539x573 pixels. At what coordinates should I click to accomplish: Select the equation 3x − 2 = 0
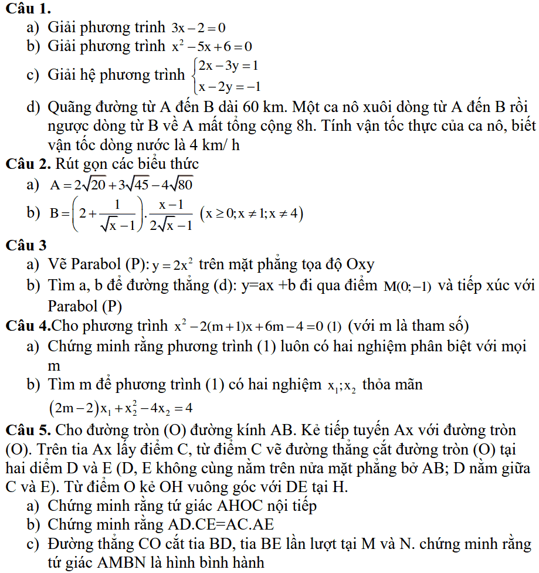click(x=198, y=28)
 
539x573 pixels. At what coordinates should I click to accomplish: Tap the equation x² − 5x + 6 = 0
click(x=211, y=46)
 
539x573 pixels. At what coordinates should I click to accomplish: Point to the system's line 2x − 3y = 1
click(x=229, y=66)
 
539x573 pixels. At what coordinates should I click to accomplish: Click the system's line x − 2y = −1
click(x=229, y=86)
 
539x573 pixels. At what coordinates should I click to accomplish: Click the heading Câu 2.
click(x=29, y=164)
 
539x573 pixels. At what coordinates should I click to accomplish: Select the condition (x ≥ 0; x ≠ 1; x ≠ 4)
click(x=252, y=214)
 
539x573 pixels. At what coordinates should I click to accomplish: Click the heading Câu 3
click(x=26, y=246)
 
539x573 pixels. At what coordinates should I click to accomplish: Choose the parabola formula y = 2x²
click(x=174, y=265)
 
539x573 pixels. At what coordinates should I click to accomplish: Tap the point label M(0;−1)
click(x=408, y=286)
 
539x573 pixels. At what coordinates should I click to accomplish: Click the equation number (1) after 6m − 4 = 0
click(x=334, y=326)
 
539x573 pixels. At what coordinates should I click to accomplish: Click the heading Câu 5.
click(x=29, y=430)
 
